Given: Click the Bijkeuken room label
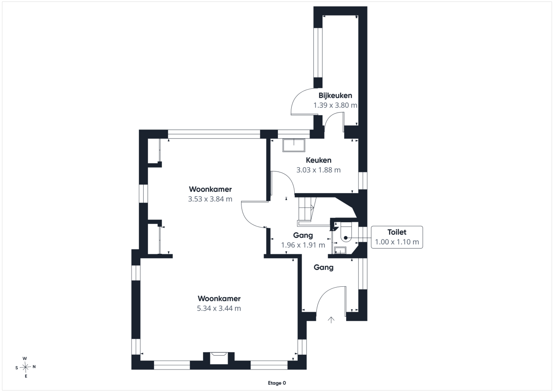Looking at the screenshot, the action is (335, 96).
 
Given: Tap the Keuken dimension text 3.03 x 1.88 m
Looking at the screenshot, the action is (318, 170).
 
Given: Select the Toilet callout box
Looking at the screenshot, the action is (397, 237).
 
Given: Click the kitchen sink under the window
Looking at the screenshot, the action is (294, 145).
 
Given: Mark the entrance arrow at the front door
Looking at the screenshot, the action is (331, 320).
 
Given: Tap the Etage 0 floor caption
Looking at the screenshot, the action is (277, 383).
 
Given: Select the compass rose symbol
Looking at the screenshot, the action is (25, 367).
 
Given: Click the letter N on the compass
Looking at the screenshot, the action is (34, 367).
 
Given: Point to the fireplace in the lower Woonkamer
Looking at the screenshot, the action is (219, 358).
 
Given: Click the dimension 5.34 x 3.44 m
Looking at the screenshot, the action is (219, 308).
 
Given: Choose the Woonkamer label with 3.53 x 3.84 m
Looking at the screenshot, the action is (210, 189).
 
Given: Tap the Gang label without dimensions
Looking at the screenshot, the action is (323, 268).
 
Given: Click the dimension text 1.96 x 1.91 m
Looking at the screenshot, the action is (303, 245).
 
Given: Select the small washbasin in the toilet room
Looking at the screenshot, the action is (340, 250).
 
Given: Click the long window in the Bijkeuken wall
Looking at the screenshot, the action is (318, 53).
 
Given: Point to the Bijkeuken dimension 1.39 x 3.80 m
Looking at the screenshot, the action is (335, 105).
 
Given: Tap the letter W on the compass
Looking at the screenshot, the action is (25, 358).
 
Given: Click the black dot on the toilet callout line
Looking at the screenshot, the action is (346, 238).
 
